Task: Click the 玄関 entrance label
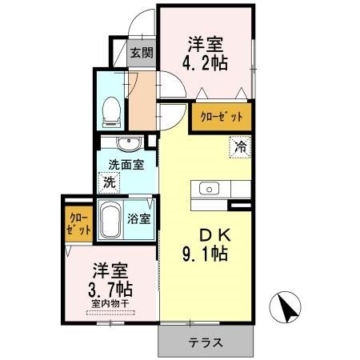point(142,54)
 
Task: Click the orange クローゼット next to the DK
point(220,118)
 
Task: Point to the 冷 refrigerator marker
point(240,147)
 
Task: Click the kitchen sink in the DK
point(210,189)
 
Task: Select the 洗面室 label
point(126,166)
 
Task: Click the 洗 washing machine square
point(108,182)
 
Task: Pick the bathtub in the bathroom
point(110,218)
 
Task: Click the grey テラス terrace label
point(206,342)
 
